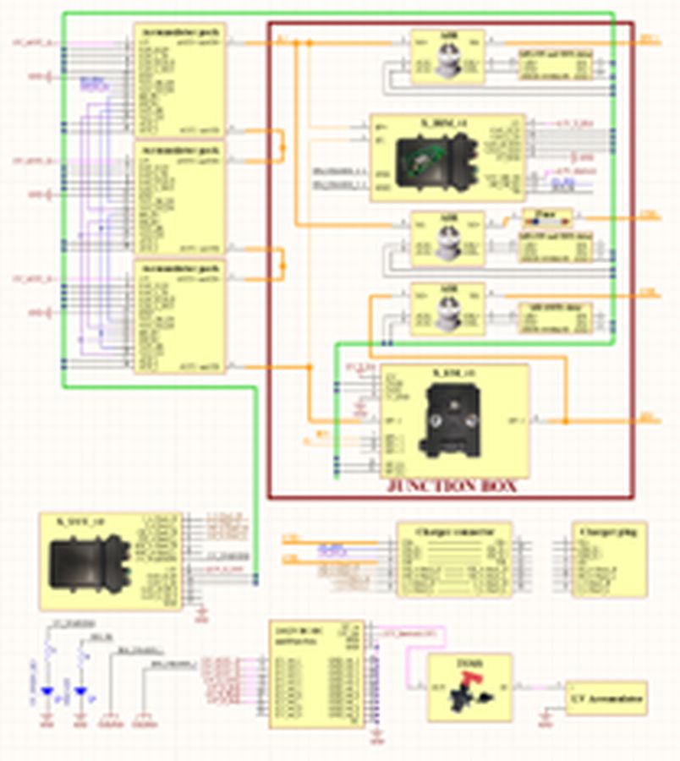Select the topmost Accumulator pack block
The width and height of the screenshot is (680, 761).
click(x=179, y=79)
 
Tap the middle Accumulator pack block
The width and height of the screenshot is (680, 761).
click(x=179, y=198)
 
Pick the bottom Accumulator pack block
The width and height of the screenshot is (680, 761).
click(x=179, y=316)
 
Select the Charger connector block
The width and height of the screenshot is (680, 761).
click(x=453, y=560)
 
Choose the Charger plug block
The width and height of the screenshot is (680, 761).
click(x=609, y=559)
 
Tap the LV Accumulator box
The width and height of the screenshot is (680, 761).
click(x=606, y=699)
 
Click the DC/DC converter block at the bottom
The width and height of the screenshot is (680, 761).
click(x=316, y=674)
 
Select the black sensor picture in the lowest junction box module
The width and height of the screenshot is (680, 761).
click(x=455, y=420)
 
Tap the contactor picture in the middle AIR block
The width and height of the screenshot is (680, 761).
click(x=447, y=238)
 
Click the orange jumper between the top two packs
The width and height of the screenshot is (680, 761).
click(x=282, y=145)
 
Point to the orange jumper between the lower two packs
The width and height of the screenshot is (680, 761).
click(x=282, y=262)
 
